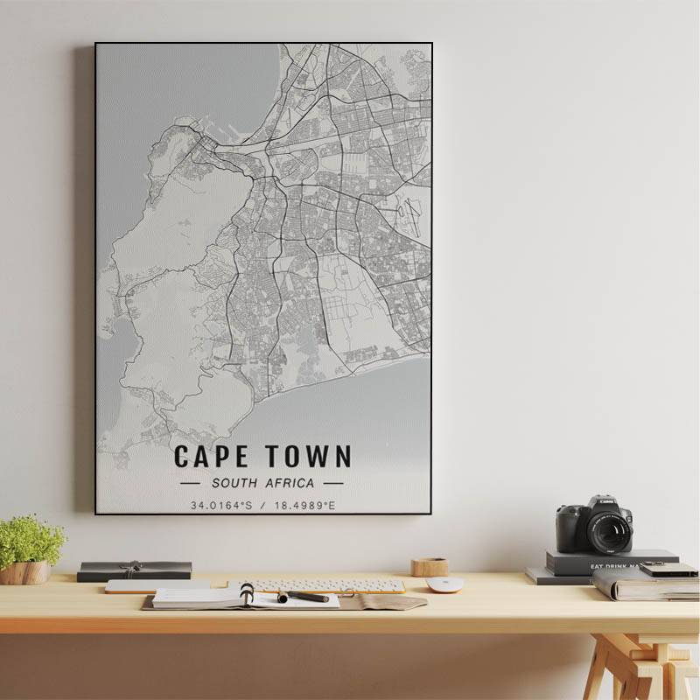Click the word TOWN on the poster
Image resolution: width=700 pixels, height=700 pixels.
(307, 456)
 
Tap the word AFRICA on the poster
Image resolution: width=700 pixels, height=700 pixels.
(291, 482)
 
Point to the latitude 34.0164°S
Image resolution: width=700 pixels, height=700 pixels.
(221, 505)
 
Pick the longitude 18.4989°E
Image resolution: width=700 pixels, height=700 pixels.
(303, 505)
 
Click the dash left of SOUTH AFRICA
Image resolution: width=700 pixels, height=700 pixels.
(190, 482)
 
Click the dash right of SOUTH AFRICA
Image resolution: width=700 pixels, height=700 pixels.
(332, 482)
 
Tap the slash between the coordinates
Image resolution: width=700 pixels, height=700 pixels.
(262, 505)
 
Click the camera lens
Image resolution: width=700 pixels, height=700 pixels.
(609, 530)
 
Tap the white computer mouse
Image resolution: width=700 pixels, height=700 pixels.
(444, 584)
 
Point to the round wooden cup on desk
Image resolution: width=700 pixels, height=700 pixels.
(430, 567)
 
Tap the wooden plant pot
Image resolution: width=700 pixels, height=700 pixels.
(24, 573)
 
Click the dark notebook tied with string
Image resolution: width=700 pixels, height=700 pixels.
(134, 570)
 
